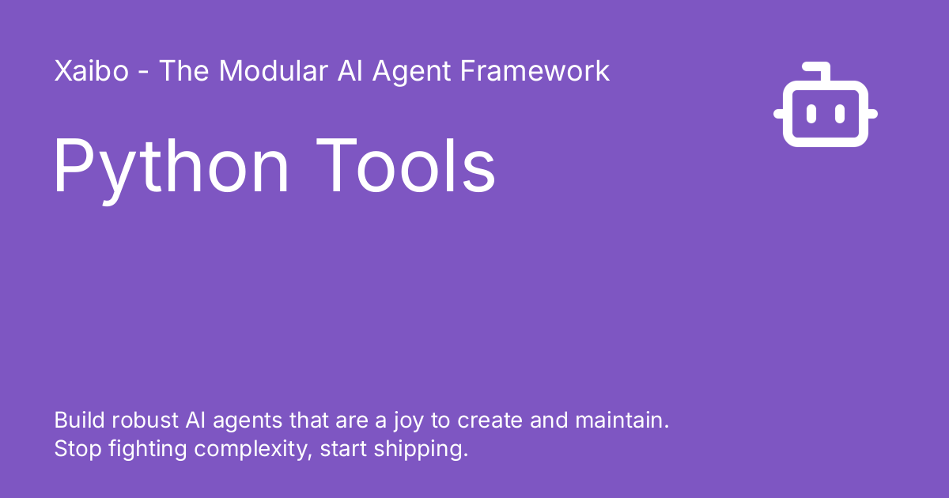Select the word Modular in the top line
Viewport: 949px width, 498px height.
tap(274, 71)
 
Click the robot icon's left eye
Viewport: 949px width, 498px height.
tap(811, 114)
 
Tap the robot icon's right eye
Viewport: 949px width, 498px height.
tap(840, 114)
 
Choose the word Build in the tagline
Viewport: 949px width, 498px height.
tap(77, 420)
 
